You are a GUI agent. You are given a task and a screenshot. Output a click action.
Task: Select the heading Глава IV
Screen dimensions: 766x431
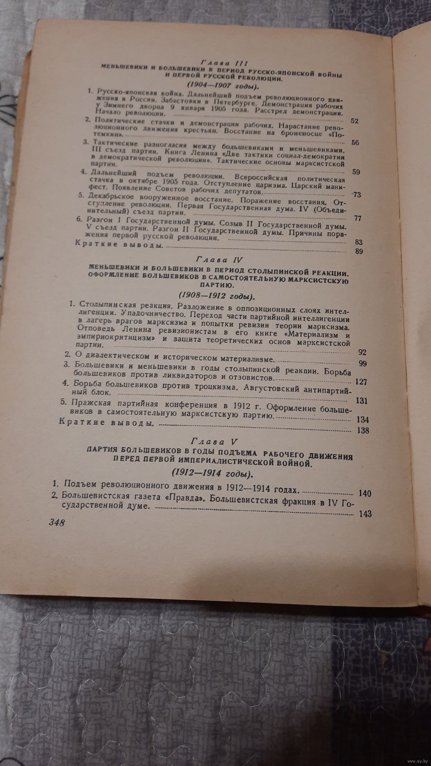220,260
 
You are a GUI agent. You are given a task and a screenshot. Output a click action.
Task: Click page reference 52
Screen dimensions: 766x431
354,121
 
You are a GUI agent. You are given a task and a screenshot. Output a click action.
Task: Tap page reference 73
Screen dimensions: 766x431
356,195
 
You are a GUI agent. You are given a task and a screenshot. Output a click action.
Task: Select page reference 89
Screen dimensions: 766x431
358,252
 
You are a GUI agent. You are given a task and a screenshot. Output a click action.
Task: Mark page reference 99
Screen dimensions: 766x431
362,364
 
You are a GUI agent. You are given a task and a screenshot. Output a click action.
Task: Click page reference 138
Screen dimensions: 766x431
362,430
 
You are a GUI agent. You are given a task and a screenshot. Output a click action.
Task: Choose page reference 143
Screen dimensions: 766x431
365,513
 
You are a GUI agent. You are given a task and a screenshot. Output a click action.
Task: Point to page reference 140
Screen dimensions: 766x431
365,493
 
